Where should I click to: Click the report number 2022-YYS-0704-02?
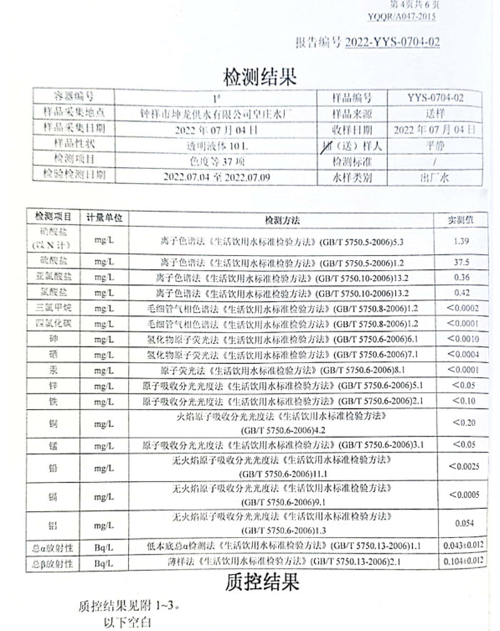[x=392, y=43]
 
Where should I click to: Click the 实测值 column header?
[x=461, y=218]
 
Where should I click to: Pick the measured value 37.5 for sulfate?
[x=461, y=261]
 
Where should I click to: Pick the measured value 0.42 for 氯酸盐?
[x=461, y=293]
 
